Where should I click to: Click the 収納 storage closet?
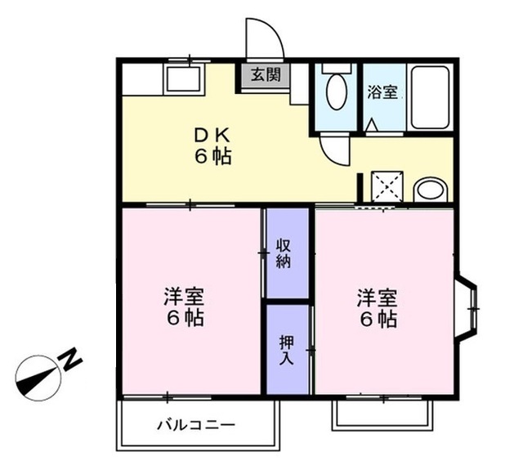click(285, 253)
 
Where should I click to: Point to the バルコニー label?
click(196, 426)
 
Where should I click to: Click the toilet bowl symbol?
click(336, 92)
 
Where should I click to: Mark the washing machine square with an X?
click(387, 186)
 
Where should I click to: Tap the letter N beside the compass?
click(72, 357)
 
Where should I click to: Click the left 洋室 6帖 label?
click(184, 307)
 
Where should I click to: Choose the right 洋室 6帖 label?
click(377, 308)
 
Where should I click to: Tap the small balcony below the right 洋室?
click(382, 414)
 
